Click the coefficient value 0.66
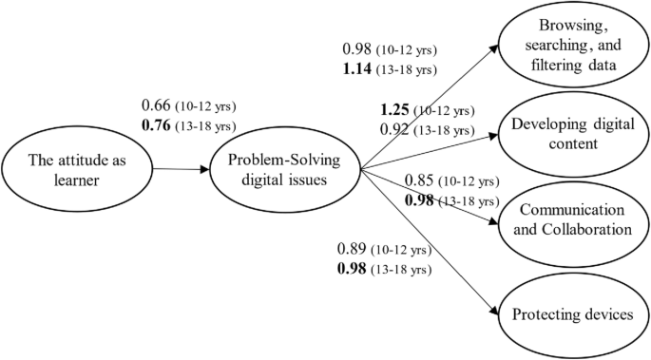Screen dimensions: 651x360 click(x=157, y=104)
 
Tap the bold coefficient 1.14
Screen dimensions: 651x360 click(x=358, y=68)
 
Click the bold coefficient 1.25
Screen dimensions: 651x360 click(x=394, y=110)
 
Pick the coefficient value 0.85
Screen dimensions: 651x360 click(x=420, y=181)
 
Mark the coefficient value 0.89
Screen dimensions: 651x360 click(x=354, y=250)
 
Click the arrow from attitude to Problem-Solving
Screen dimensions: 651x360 click(x=182, y=170)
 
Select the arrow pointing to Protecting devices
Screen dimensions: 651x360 click(x=428, y=242)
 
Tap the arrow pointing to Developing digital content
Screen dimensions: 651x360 click(x=428, y=152)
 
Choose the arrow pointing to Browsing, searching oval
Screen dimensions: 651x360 click(x=428, y=107)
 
